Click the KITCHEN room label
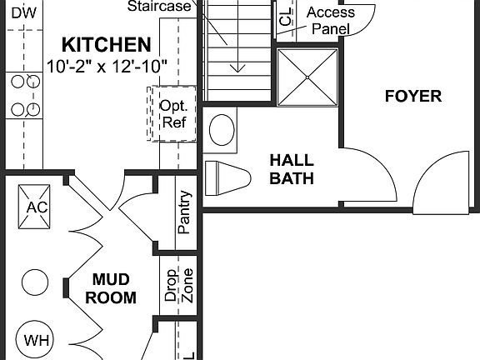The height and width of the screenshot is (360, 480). click(107, 44)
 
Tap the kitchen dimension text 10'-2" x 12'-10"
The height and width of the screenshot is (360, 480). click(107, 63)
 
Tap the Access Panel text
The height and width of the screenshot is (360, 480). click(331, 20)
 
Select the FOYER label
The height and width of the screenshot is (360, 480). click(412, 96)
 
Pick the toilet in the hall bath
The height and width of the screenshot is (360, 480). click(227, 177)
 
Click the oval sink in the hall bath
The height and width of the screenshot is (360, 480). click(222, 130)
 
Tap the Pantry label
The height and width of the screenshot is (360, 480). click(184, 212)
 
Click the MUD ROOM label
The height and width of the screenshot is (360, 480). click(113, 287)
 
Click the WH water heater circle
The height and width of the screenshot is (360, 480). click(36, 340)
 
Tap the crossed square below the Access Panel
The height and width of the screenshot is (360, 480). click(307, 77)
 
